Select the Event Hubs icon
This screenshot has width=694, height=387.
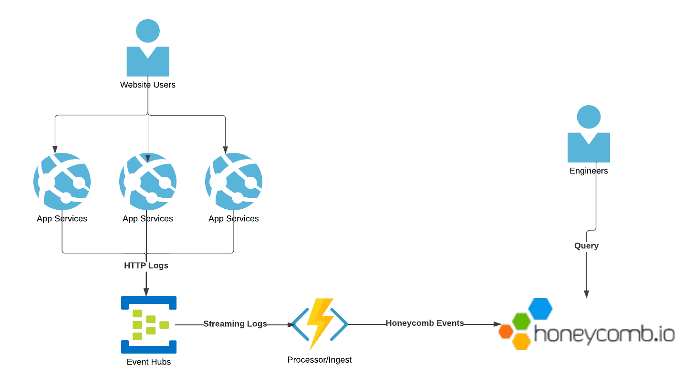pyautogui.click(x=149, y=325)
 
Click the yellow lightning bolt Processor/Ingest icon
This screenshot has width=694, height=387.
pyautogui.click(x=320, y=324)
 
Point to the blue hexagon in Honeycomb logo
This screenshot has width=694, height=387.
pyautogui.click(x=540, y=309)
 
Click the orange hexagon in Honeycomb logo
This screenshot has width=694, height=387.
pyautogui.click(x=506, y=331)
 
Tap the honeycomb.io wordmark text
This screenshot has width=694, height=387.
pyautogui.click(x=604, y=333)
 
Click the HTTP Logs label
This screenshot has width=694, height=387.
pyautogui.click(x=146, y=265)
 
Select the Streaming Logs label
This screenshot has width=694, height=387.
pyautogui.click(x=235, y=324)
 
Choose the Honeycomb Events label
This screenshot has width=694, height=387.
pyautogui.click(x=425, y=323)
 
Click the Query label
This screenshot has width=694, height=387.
pyautogui.click(x=586, y=246)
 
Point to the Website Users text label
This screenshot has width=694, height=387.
pyautogui.click(x=148, y=85)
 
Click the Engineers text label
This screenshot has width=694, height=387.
pyautogui.click(x=589, y=171)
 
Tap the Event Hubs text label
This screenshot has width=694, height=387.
pyautogui.click(x=149, y=362)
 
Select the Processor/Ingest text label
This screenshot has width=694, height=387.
pyautogui.click(x=320, y=360)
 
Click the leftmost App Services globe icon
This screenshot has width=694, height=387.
pyautogui.click(x=62, y=182)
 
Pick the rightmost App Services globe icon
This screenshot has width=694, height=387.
pyautogui.click(x=234, y=182)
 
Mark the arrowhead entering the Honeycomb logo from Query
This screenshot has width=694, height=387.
pyautogui.click(x=587, y=294)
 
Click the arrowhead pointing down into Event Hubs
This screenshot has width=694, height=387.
pyautogui.click(x=146, y=292)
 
